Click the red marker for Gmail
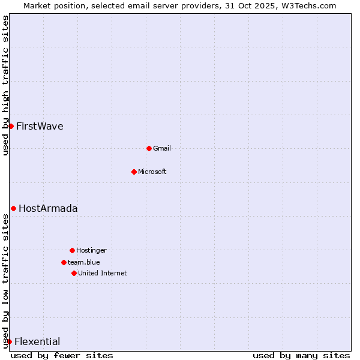coord(149,148)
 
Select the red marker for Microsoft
coord(134,172)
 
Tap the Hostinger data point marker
coord(72,250)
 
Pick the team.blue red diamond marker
coord(64,262)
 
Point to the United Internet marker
coord(74,273)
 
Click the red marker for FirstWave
coord(11,126)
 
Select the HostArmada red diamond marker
coord(13,208)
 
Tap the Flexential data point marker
coord(9,341)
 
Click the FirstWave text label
coord(40,127)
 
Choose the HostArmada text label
coord(48,209)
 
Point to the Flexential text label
coord(37,342)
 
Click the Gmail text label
coord(162,148)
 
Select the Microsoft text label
coord(152,172)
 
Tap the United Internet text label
coord(103,273)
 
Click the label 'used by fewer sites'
coord(62,355)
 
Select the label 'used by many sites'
coord(301,355)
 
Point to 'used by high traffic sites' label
coord(6,85)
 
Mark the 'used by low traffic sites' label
coord(6,281)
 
